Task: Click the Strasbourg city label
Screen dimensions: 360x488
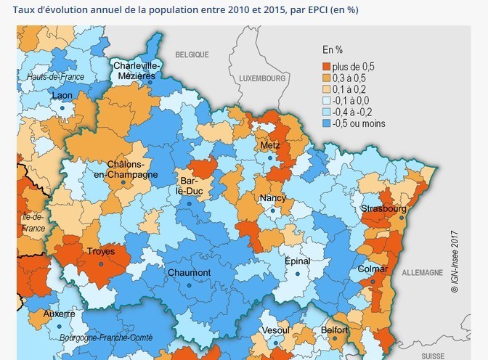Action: [x=383, y=209]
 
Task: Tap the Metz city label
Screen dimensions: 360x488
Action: [x=269, y=145]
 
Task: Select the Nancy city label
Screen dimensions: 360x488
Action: [x=272, y=198]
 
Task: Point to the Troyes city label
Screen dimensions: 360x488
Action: [x=100, y=252]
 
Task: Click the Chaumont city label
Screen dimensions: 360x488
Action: [x=189, y=272]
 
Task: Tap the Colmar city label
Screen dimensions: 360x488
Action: [x=373, y=269]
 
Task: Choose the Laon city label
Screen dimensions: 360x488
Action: [x=61, y=96]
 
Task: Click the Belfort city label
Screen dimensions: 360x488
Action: [x=335, y=330]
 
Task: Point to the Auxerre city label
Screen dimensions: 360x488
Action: [x=59, y=314]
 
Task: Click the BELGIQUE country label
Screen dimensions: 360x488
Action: [x=192, y=54]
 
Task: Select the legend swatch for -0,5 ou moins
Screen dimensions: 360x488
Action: [x=328, y=124]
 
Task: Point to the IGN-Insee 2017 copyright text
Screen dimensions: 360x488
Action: [x=455, y=262]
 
